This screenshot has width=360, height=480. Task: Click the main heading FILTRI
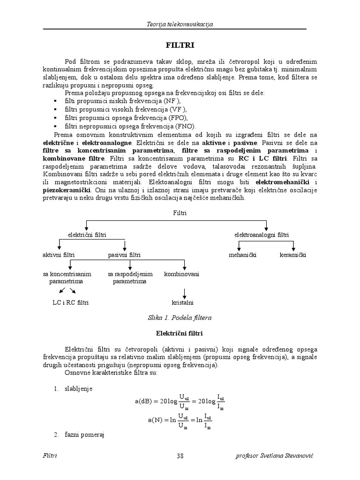point(180,45)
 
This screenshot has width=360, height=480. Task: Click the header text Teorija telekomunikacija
point(180,24)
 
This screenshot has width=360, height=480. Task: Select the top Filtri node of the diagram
point(180,212)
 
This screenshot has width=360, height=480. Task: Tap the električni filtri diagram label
point(87,234)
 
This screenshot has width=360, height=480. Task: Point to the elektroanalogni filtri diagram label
point(262,234)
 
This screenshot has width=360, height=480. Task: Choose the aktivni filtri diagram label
point(59,255)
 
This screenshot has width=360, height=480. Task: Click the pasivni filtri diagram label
point(124,255)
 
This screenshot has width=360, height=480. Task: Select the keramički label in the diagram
point(293,255)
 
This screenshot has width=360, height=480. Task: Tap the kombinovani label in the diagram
point(181,274)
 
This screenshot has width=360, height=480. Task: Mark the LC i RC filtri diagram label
point(70,302)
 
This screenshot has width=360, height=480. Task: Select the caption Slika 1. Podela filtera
point(180,317)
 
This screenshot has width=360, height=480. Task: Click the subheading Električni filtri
point(180,333)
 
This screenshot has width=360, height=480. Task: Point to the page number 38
point(180,456)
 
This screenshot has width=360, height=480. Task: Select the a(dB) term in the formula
point(144,402)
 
